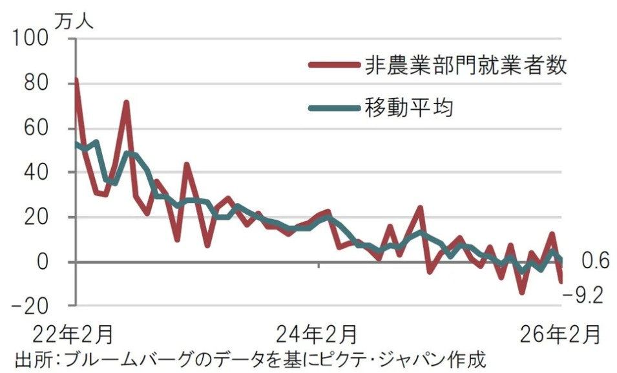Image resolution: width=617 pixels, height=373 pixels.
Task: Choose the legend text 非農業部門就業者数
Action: pos(465,65)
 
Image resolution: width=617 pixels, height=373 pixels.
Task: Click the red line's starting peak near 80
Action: pos(76,80)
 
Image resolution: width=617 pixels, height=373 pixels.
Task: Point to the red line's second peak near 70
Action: pos(127,102)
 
